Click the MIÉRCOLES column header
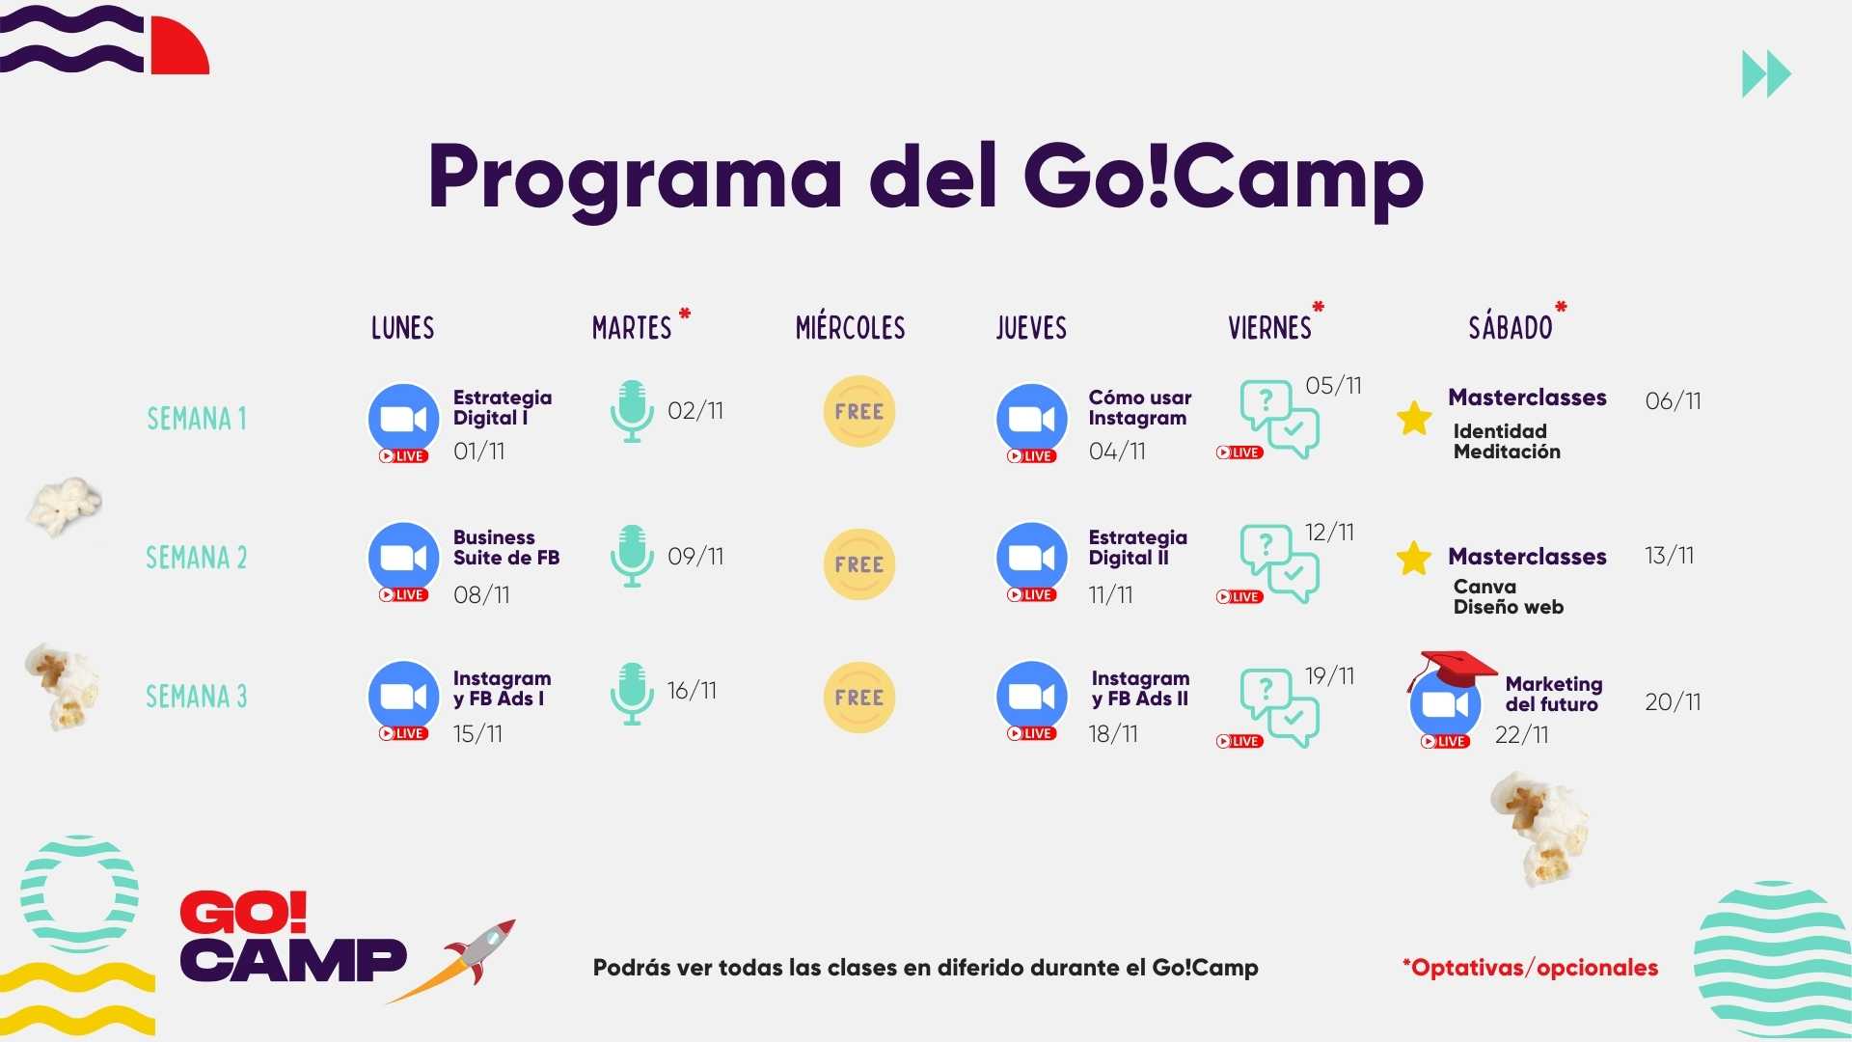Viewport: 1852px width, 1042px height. click(850, 328)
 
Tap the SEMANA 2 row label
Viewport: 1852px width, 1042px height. click(196, 558)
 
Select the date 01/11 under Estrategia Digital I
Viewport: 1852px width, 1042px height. click(478, 451)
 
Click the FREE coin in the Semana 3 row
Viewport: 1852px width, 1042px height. click(859, 697)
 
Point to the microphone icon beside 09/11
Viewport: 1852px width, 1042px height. click(632, 556)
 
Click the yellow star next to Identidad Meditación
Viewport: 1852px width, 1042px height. click(1414, 418)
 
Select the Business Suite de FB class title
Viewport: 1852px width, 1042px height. click(506, 547)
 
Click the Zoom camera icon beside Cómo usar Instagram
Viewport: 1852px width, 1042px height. click(1031, 419)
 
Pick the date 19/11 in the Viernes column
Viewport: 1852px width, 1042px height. click(1329, 675)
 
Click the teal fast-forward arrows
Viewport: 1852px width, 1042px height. click(1766, 74)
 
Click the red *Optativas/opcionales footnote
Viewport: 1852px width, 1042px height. click(1530, 967)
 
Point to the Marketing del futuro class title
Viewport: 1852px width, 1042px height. click(1553, 694)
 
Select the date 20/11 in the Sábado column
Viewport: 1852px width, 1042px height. click(1673, 701)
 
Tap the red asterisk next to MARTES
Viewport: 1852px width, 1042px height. click(685, 314)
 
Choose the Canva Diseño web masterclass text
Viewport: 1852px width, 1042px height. click(1508, 596)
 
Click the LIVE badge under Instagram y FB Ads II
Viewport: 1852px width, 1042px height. click(1031, 733)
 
